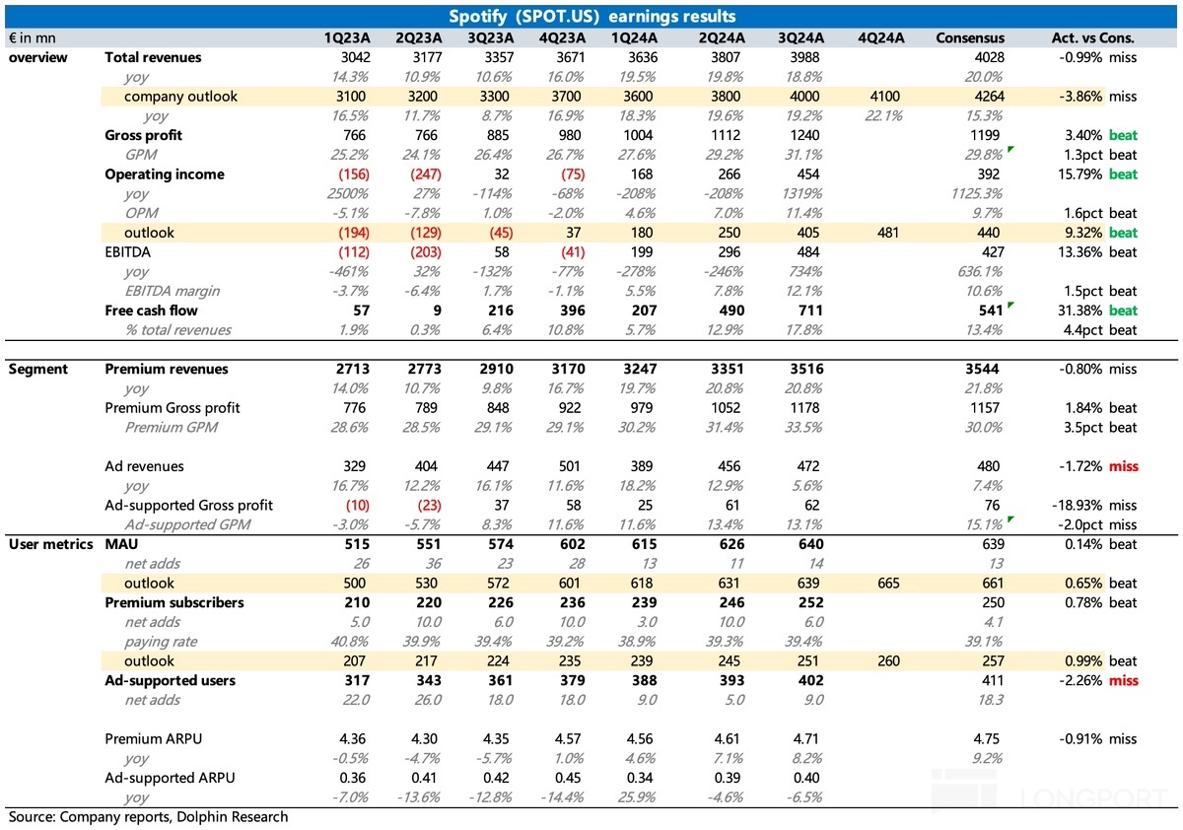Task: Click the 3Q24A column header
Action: coord(800,37)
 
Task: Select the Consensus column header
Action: coord(971,37)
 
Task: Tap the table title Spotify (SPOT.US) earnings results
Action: coord(591,16)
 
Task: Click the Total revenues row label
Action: coord(153,57)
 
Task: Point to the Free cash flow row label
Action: coord(151,311)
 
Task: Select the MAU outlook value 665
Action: coord(887,584)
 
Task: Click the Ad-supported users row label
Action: coord(170,680)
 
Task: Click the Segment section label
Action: coord(38,370)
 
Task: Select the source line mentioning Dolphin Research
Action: coord(149,817)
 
